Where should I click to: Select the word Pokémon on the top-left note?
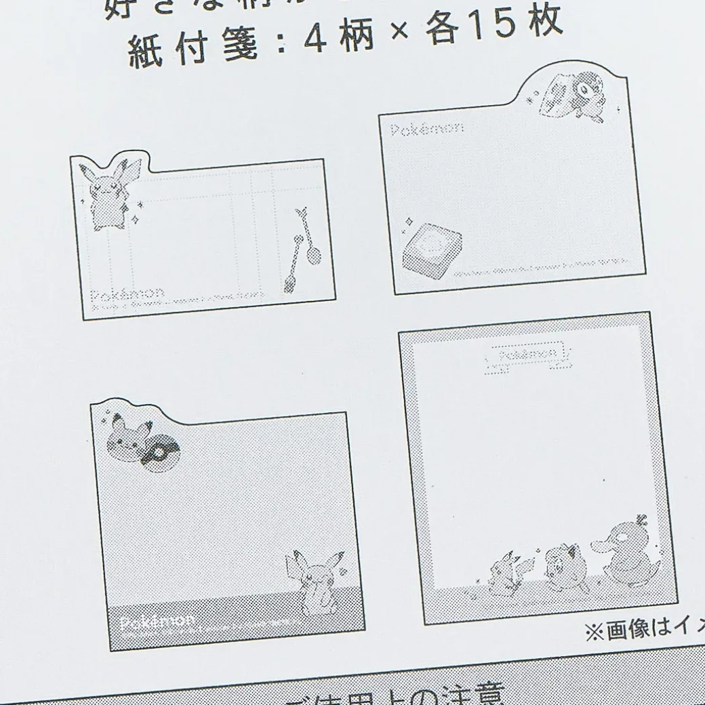click(127, 295)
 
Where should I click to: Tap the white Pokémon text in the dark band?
click(157, 621)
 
